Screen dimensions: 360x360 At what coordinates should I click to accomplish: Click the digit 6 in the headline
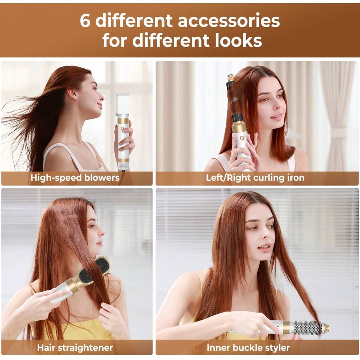coord(85,20)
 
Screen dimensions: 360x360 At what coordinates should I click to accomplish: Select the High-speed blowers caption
coord(75,178)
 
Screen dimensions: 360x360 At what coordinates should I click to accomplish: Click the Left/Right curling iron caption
coord(255,178)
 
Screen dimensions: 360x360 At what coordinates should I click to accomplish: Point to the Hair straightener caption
coord(75,348)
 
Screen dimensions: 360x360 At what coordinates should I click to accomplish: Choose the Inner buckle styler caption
coord(248,348)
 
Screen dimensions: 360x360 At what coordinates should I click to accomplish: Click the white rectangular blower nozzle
coord(122,104)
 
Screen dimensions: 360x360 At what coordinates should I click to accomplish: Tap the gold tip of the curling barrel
coord(230,78)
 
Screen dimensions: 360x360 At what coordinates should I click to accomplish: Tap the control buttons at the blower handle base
coord(123,166)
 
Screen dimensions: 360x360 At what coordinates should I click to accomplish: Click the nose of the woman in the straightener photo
coord(101,233)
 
